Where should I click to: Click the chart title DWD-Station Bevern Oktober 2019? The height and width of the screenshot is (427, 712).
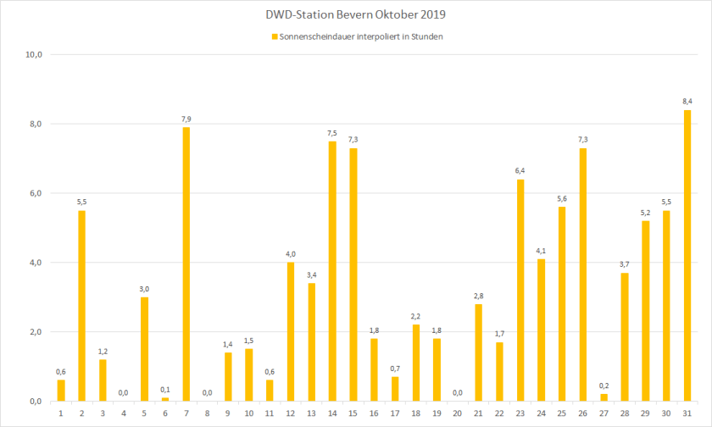(x=355, y=14)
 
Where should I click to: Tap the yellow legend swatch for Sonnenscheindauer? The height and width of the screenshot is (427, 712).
(x=274, y=36)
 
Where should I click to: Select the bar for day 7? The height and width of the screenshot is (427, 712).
(x=186, y=263)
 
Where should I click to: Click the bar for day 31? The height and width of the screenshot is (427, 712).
(x=687, y=255)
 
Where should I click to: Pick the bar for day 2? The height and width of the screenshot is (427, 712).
(x=81, y=305)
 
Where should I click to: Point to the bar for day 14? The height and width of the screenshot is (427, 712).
(x=332, y=270)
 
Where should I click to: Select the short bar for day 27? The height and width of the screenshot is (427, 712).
(x=604, y=396)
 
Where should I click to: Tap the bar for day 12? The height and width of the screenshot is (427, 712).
(x=291, y=331)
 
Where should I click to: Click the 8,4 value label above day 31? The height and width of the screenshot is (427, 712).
(x=687, y=101)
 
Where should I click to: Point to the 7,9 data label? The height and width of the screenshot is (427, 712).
(x=186, y=119)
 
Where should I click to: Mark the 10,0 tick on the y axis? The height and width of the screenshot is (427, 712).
(x=34, y=55)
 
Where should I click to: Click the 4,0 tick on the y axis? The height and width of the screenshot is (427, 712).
(x=36, y=263)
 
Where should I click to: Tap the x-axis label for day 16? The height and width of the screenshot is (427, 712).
(x=374, y=413)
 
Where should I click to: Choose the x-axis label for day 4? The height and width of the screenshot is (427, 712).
(x=124, y=413)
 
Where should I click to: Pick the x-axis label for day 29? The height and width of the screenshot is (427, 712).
(x=646, y=413)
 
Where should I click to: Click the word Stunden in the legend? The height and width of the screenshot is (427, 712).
(x=425, y=36)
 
